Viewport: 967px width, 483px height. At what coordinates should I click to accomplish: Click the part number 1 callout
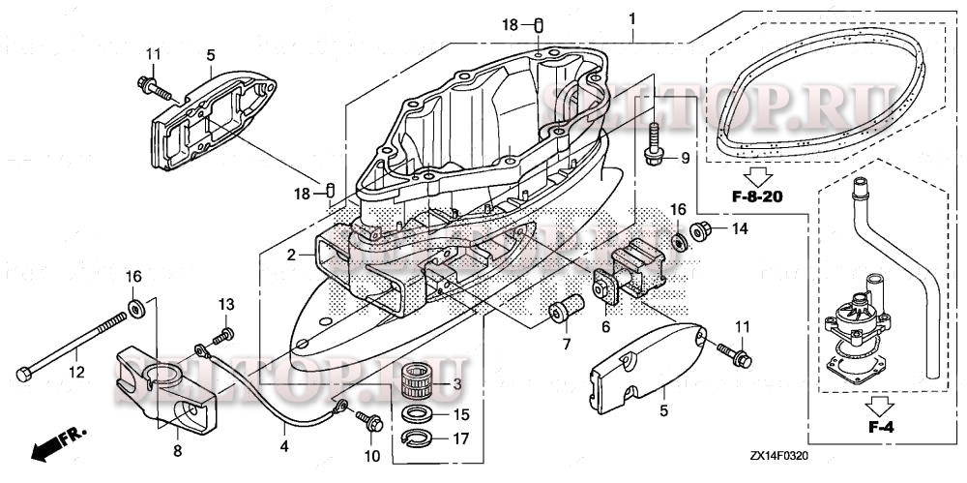(x=631, y=18)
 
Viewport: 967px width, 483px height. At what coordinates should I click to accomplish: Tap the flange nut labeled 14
(x=703, y=230)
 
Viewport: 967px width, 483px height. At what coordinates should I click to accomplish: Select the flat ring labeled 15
(x=417, y=415)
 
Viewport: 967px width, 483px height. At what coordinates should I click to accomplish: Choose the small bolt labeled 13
(x=223, y=334)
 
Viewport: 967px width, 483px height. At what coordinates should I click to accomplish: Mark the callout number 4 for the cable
(x=284, y=447)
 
